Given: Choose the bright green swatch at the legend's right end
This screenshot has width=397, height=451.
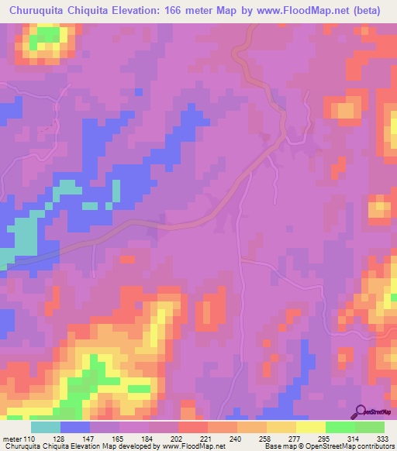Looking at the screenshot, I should [370, 427].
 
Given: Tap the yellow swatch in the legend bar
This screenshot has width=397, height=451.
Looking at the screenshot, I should [310, 427].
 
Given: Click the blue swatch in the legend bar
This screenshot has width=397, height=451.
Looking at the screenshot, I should [75, 427].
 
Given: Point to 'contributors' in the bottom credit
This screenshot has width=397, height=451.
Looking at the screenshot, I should [375, 446].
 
